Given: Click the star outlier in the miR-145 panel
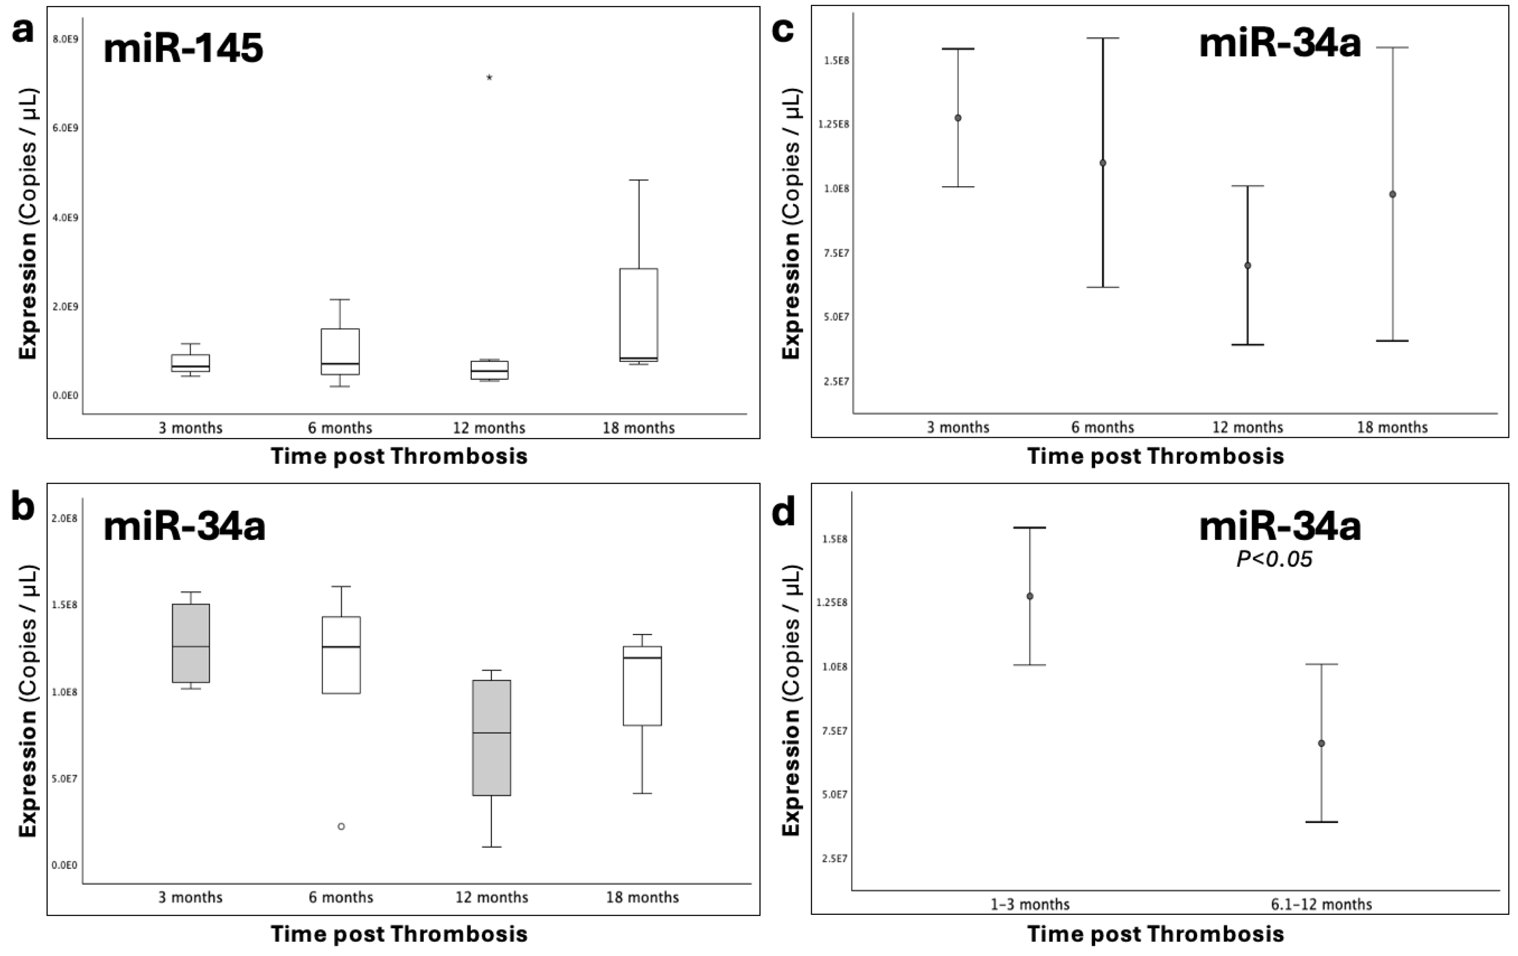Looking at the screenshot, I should [489, 78].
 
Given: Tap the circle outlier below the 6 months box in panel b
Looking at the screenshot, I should [341, 826].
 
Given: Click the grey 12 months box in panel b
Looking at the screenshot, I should [491, 737].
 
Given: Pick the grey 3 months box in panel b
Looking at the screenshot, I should [190, 643].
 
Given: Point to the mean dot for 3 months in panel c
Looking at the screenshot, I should [957, 118].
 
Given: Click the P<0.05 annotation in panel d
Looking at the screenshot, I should [1274, 559].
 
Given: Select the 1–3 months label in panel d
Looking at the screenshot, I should [1029, 905].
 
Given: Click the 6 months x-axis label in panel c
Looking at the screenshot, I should [1102, 427].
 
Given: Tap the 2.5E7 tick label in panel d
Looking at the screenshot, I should [834, 858].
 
